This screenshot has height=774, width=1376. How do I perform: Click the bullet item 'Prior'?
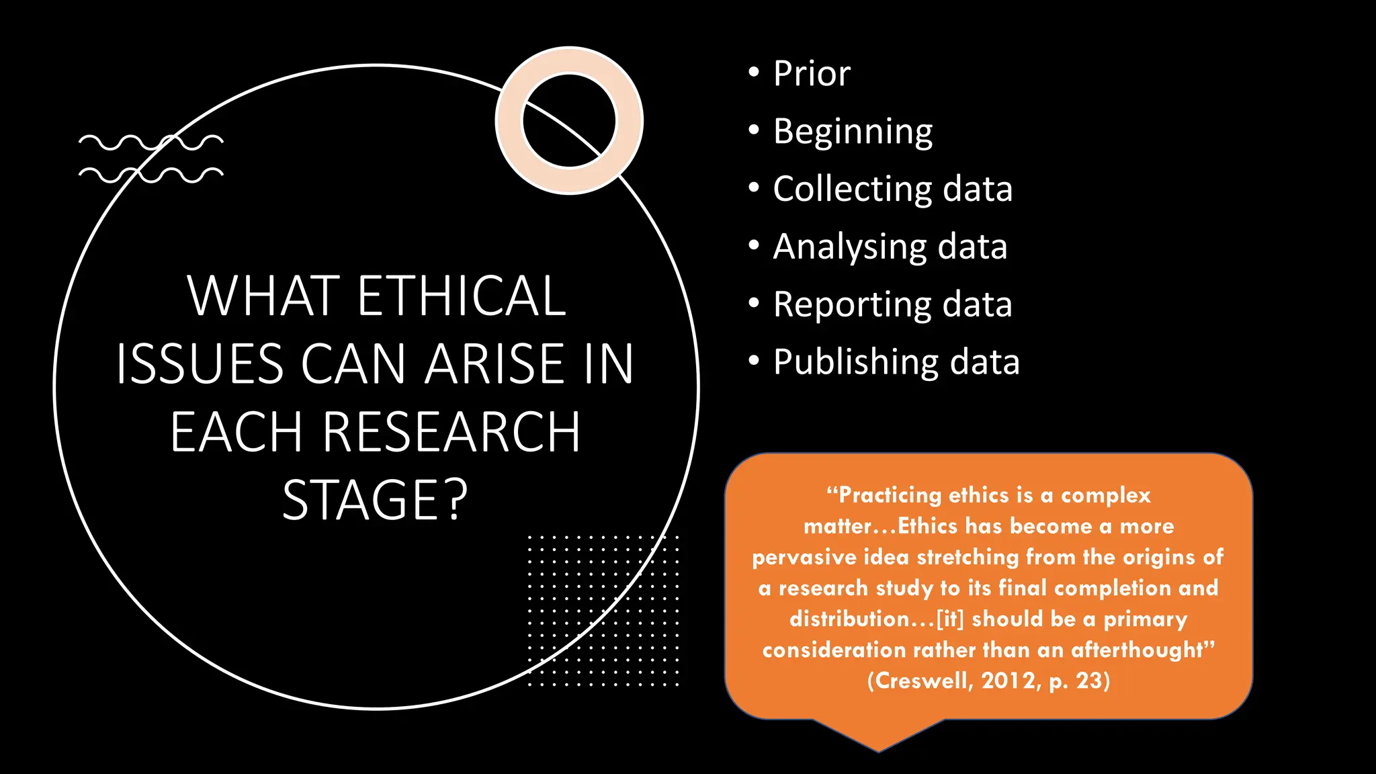(x=811, y=73)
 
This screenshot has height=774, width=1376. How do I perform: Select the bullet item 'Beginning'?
(x=853, y=132)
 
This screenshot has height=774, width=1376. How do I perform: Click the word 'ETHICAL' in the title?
(x=462, y=296)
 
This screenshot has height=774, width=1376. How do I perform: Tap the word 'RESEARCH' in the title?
(x=451, y=432)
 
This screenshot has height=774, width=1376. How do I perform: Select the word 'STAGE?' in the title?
(x=375, y=500)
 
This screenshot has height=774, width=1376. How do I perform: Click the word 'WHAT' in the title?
(x=263, y=296)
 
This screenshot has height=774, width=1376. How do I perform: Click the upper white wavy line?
(x=150, y=142)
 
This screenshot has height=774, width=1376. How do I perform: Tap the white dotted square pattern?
(x=603, y=610)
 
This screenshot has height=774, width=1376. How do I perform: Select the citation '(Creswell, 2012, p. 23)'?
(x=988, y=681)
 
